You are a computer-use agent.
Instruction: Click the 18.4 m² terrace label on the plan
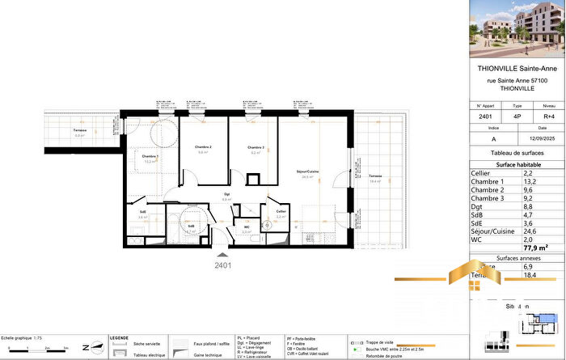click(x=375, y=178)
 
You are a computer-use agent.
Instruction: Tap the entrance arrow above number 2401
click(x=223, y=254)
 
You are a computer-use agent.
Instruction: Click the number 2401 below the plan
click(x=223, y=265)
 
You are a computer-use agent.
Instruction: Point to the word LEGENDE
click(x=119, y=337)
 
